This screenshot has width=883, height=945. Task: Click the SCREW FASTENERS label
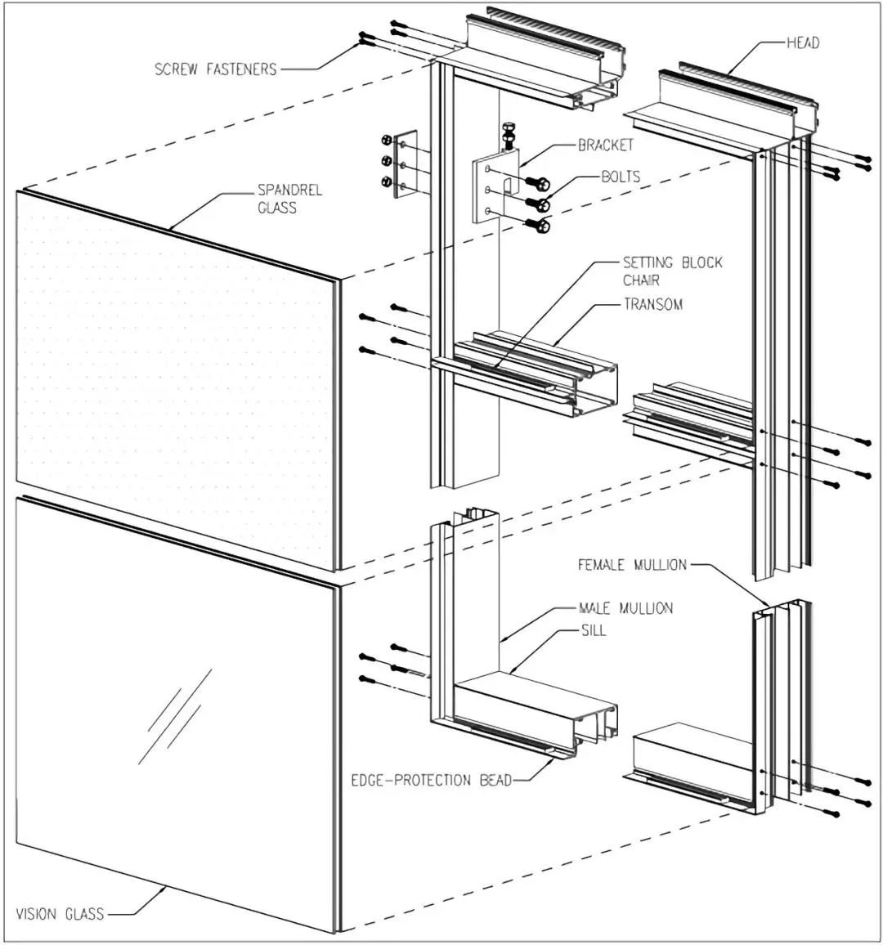click(216, 69)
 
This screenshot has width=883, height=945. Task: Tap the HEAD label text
click(803, 43)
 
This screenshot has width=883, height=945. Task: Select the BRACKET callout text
click(606, 146)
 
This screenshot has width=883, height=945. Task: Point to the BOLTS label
click(621, 176)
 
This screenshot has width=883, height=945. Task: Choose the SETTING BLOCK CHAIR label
click(672, 271)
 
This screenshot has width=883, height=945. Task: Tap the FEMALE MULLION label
click(632, 565)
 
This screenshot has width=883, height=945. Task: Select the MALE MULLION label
click(625, 608)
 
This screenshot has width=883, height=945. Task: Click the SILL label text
click(594, 630)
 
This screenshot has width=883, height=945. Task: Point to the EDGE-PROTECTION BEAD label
click(432, 781)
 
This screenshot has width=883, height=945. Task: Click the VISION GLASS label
click(61, 913)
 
